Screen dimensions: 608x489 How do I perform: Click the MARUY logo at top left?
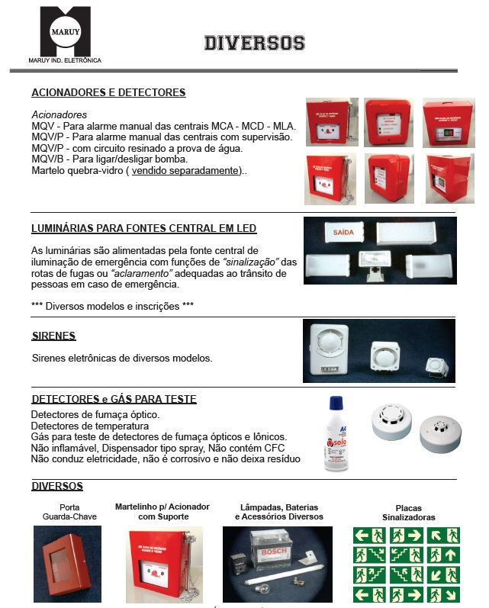click(x=65, y=33)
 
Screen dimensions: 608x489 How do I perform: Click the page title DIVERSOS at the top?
click(x=254, y=43)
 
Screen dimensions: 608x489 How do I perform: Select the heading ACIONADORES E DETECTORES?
click(x=108, y=92)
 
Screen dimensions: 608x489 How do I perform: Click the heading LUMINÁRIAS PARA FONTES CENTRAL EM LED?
click(x=143, y=228)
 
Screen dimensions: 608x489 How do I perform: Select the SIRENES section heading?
click(x=53, y=336)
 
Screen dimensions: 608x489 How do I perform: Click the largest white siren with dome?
click(x=329, y=347)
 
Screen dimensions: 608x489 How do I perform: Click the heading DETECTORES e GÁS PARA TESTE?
click(x=114, y=399)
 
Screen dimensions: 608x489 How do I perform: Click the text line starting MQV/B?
click(x=109, y=159)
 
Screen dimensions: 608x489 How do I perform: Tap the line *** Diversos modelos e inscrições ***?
click(x=112, y=306)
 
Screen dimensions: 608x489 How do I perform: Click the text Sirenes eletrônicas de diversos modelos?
click(x=122, y=357)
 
